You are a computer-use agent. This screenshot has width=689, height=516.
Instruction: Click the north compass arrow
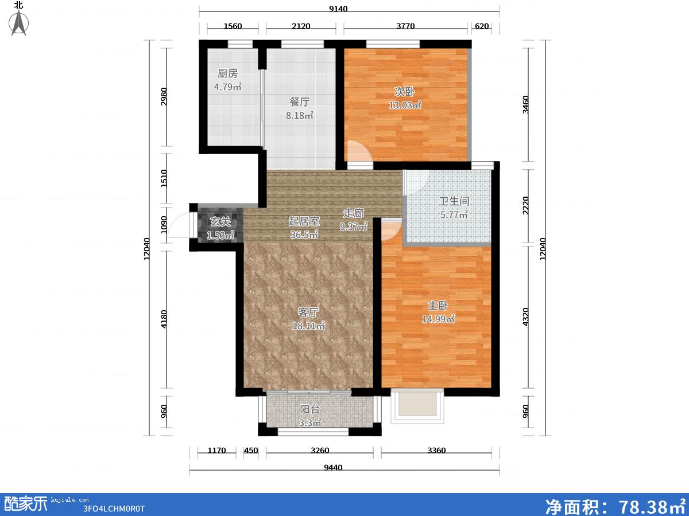coord(18,23)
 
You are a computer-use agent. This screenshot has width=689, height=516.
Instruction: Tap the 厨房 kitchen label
coord(227,73)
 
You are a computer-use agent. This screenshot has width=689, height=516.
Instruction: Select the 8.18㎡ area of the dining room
coord(300,116)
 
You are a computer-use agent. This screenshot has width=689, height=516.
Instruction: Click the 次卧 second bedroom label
coord(405,92)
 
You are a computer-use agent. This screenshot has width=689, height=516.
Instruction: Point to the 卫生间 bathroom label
coord(454,201)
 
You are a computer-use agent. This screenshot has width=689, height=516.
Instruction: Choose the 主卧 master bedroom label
coord(438,306)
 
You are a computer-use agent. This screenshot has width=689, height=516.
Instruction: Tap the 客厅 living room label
coord(308,312)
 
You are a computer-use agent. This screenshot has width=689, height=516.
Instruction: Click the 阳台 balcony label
coord(310,409)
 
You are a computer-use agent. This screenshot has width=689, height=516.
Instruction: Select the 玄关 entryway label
coord(220,222)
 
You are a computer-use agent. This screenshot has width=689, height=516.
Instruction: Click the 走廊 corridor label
coord(354,213)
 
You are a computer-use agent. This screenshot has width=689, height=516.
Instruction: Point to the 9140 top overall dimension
coord(338,9)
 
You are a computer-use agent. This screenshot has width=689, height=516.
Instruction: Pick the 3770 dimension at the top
coord(405,26)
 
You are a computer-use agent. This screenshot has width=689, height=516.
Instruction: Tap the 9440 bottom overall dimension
coord(333,468)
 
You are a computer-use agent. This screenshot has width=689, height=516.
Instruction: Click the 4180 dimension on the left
coord(164,319)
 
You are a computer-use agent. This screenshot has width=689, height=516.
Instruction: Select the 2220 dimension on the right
coord(526,205)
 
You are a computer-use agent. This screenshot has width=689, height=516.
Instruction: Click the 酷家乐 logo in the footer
coord(26,503)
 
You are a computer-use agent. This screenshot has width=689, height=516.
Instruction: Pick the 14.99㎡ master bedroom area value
coord(438,319)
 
